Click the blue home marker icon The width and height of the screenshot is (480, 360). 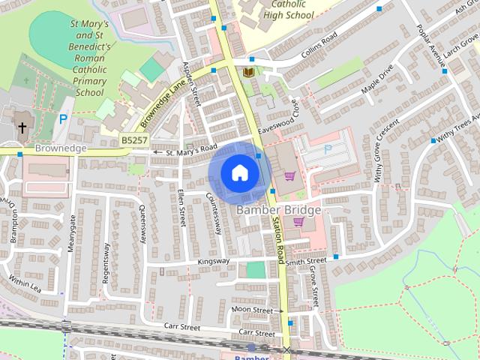[x=238, y=172]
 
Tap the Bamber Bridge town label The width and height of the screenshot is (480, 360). [x=278, y=210]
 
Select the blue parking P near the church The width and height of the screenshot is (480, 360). [x=64, y=118]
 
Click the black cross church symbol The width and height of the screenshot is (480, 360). [x=22, y=128]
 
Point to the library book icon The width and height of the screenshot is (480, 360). [x=248, y=73]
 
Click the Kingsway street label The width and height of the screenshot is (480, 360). [x=212, y=262]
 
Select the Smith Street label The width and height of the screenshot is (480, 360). [x=305, y=260]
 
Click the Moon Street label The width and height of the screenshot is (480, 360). [x=251, y=310]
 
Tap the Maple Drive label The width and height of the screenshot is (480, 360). [x=376, y=82]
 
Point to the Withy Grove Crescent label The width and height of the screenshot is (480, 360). [x=385, y=152]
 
